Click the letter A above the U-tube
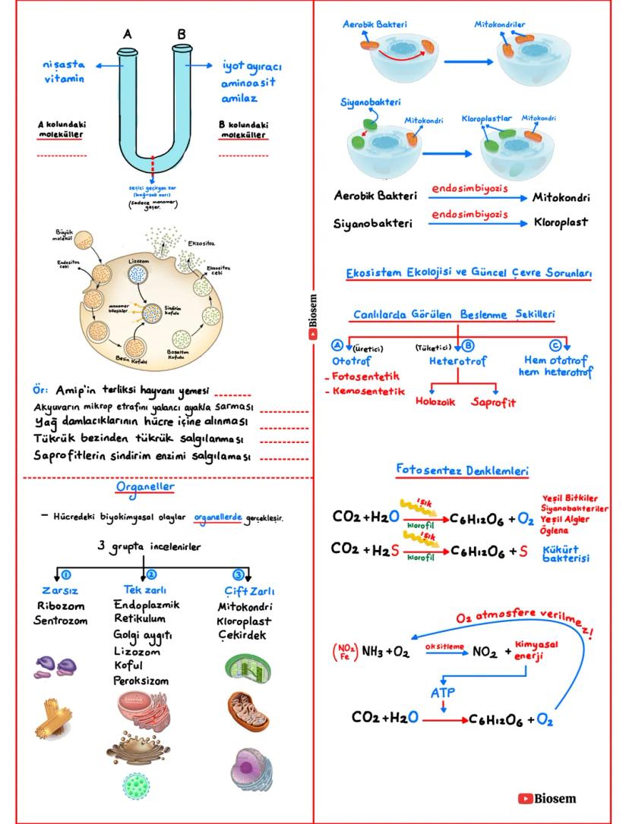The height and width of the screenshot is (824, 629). coord(128,35)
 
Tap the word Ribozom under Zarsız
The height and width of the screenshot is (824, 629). coord(60,606)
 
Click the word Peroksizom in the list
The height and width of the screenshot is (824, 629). coord(141,681)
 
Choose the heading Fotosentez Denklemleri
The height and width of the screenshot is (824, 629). coord(462,471)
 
